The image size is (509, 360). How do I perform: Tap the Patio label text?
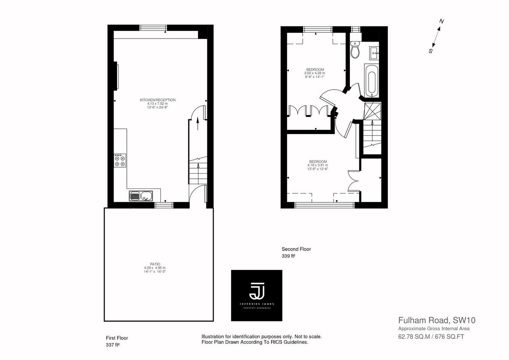(154, 264)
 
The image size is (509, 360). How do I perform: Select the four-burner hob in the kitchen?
(120, 160)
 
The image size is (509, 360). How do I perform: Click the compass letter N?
(442, 21)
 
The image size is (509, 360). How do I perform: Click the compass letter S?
(430, 51)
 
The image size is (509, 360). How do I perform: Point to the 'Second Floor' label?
(296, 249)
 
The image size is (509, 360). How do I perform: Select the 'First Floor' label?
(117, 338)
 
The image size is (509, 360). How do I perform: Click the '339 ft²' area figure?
(288, 256)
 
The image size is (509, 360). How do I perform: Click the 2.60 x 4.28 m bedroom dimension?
(314, 73)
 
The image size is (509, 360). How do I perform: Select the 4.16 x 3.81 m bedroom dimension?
(317, 165)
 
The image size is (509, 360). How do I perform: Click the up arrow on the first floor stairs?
(198, 123)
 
